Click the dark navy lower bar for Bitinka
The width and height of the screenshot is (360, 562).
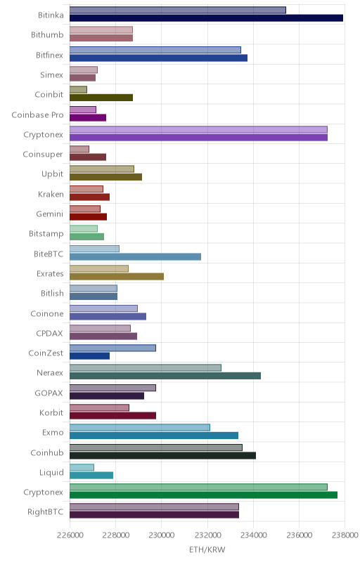pos(206,18)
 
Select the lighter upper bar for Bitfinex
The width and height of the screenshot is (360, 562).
pos(155,50)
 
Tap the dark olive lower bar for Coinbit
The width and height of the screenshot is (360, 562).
pos(101,98)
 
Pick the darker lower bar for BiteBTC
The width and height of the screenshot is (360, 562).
pos(135,256)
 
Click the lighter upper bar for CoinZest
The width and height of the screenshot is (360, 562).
pos(112,348)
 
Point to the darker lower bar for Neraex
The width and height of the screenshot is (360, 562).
pos(165,376)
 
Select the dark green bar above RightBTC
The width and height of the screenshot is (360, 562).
pos(203,495)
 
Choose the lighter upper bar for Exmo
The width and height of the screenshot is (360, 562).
pos(140,428)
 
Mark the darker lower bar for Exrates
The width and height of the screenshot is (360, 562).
pos(117,276)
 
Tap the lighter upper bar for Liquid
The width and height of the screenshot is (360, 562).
pos(82,467)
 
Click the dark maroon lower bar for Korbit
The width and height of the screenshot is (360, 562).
pos(112,415)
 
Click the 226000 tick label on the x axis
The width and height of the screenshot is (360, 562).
pos(70,535)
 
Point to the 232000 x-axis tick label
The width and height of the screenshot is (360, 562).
pos(207,535)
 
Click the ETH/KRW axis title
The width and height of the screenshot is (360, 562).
pos(207,550)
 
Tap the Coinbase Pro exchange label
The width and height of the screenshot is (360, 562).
pos(38,115)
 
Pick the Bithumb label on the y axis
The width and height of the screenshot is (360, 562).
pos(47,34)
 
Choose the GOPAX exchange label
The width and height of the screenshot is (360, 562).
pos(49,393)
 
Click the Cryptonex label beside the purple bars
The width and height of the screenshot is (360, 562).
pos(44,135)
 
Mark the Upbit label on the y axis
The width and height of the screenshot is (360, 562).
pos(52,174)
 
